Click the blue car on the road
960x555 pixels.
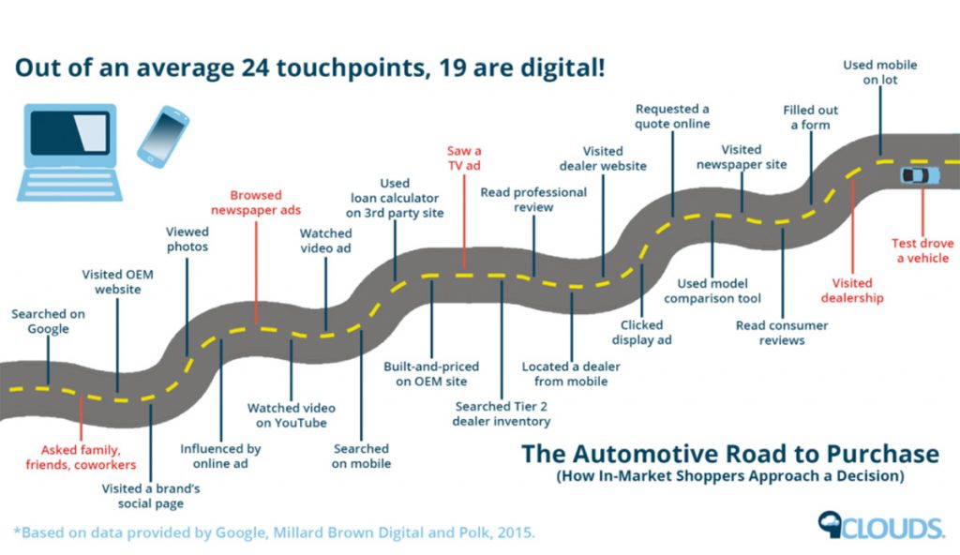919,175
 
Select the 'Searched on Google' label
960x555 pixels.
48,322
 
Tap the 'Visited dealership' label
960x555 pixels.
852,290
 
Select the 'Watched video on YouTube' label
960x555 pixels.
291,415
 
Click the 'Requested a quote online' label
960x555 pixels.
672,116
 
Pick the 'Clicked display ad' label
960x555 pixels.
640,332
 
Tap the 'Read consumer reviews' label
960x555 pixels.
782,333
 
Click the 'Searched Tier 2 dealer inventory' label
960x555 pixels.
502,413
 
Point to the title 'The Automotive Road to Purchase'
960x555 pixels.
729,455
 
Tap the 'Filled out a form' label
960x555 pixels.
811,117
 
